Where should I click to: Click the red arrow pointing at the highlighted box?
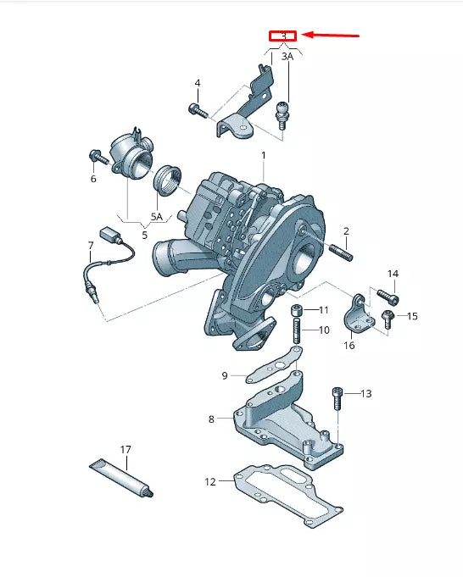point(331,36)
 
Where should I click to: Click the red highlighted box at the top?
point(283,36)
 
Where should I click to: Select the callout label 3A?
point(287,56)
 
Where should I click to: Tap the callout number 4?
point(197,83)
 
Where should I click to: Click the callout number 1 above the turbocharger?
point(263,155)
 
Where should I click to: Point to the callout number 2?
point(346,231)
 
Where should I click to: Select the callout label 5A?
point(156,217)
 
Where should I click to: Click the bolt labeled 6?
point(95,156)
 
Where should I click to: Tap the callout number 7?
point(91,246)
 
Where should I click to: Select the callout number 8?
point(211,419)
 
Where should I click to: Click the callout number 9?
point(225,375)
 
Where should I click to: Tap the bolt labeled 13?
point(338,399)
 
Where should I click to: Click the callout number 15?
point(412,316)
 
